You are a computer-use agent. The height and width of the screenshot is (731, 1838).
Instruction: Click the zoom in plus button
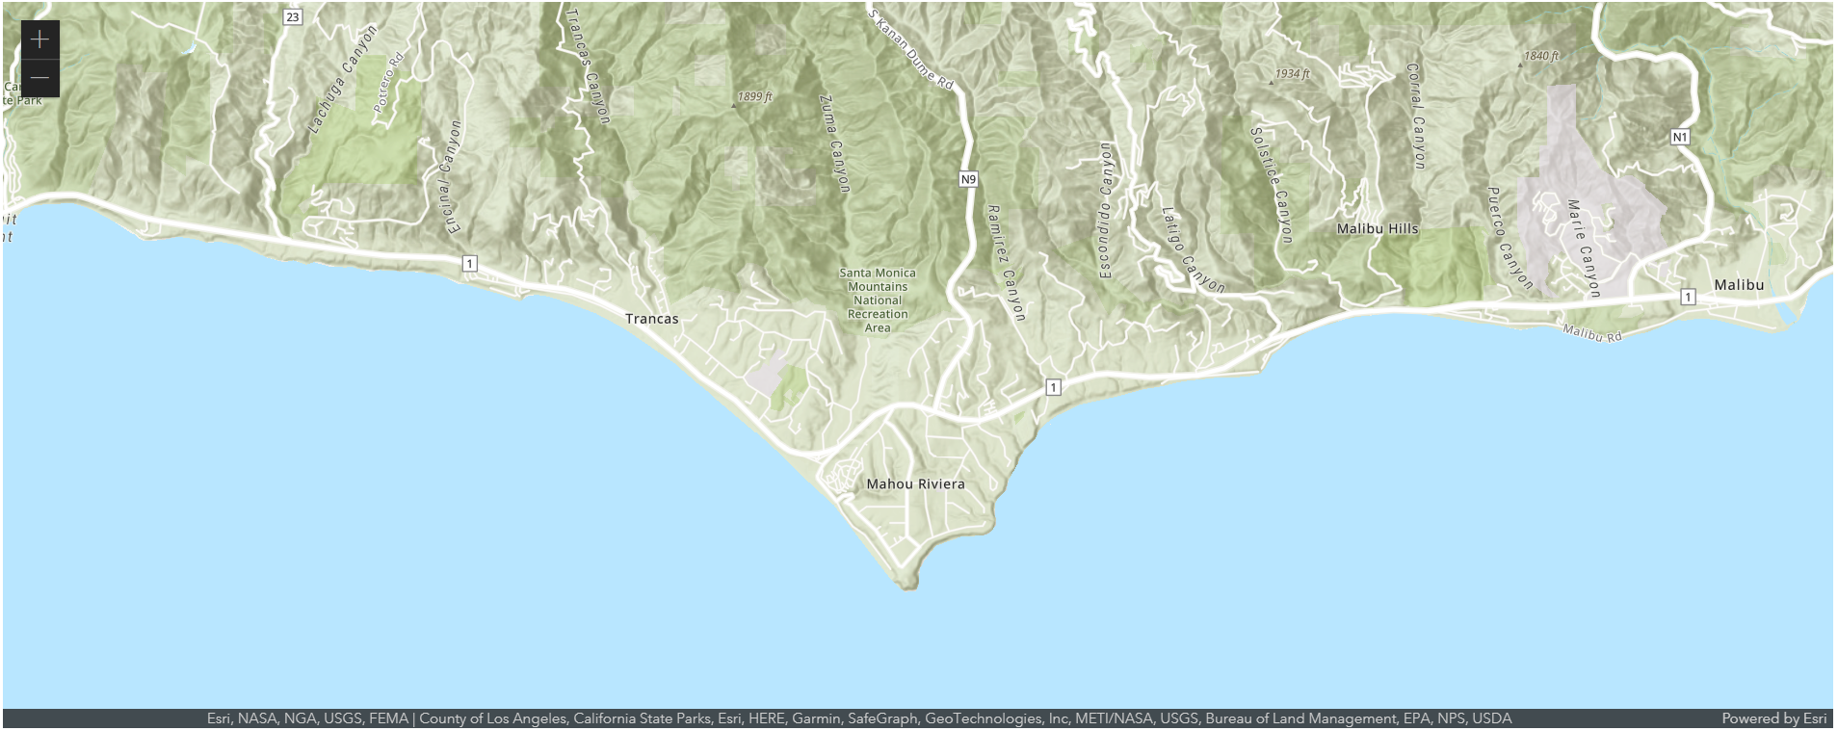point(39,39)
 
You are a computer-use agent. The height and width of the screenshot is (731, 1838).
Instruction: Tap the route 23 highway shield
point(293,17)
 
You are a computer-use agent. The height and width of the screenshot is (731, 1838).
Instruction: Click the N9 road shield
point(968,179)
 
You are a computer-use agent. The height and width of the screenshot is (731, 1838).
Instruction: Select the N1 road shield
point(1680,137)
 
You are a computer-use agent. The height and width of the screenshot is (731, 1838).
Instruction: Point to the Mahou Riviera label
point(915,484)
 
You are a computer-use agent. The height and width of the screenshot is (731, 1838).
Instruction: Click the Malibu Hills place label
point(1378,229)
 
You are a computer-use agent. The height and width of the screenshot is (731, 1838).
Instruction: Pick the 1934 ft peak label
point(1291,74)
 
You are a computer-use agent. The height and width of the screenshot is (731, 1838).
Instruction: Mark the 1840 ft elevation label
point(1540,56)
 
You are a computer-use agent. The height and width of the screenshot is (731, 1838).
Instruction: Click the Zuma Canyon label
point(834,143)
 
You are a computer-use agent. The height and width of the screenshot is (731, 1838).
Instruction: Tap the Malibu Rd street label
point(1591,334)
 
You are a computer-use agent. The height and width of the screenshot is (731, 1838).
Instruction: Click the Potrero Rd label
point(389,83)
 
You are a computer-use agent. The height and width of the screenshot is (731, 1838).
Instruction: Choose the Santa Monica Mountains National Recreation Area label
point(878,300)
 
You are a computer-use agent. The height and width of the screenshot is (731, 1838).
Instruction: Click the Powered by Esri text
point(1773,718)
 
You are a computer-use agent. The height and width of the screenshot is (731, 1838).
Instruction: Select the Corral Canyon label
point(1415,116)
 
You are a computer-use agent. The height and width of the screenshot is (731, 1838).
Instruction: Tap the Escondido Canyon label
point(1105,210)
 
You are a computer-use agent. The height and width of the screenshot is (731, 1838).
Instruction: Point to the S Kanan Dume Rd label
point(911,49)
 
